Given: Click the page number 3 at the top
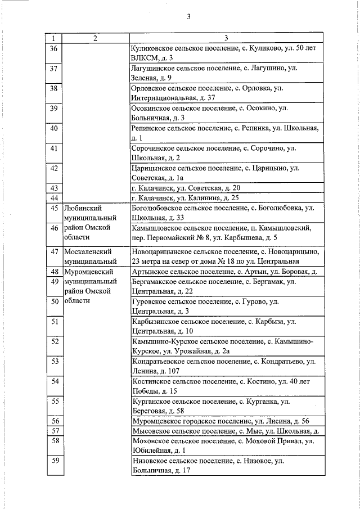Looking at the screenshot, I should coord(189,16).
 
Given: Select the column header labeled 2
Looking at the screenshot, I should coord(96,38).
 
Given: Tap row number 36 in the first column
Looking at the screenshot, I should coord(54,49).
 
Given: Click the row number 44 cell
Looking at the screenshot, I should coord(54,198).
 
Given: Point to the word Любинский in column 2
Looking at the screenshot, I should coord(84,208).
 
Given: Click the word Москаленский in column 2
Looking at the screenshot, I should coord(89,251).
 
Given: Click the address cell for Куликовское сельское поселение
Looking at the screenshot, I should coord(226,53).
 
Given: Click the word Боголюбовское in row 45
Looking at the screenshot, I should coord(159,208).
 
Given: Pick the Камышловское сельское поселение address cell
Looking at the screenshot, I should coord(226,233).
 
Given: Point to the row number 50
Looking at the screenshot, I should coord(55,302).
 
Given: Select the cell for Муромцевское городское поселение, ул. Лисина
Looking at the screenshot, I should coord(226,421).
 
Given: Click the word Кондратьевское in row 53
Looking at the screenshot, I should coord(160,361).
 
